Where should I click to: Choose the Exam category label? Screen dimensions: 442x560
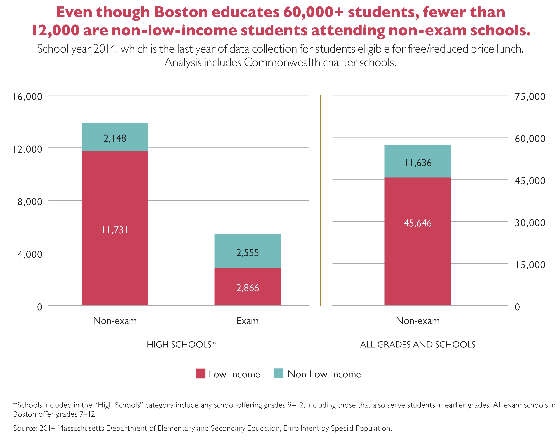(x=247, y=321)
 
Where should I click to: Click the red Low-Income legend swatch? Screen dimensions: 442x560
(x=200, y=374)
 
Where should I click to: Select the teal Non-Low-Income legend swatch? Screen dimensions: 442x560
(x=278, y=374)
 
